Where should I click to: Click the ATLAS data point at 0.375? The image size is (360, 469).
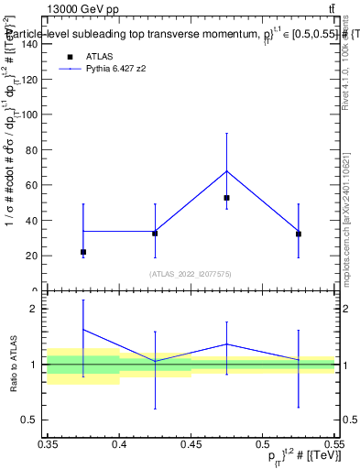(83, 252)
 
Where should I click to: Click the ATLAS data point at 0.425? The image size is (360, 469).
(155, 234)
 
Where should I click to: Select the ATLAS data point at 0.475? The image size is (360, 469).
(226, 198)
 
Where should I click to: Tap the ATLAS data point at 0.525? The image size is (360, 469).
(299, 234)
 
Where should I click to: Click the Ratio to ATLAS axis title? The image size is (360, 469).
(12, 365)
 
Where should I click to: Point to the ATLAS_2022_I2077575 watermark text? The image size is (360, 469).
(191, 273)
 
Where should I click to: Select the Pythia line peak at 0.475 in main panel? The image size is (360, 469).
(226, 171)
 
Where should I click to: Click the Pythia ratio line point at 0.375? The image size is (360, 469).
(83, 329)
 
